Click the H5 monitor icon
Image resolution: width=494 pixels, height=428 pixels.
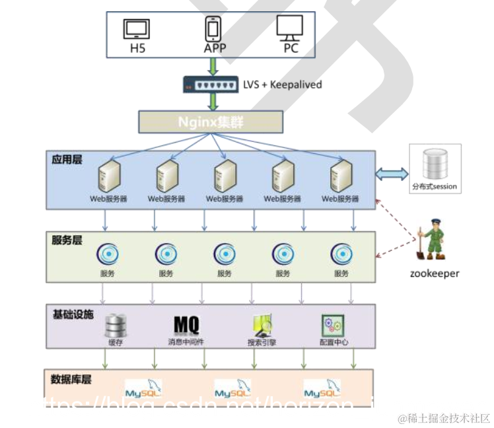137,29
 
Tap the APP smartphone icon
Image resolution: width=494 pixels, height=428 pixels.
213,28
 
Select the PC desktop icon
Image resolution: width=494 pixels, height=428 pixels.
290,28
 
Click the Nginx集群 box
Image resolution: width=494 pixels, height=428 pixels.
211,122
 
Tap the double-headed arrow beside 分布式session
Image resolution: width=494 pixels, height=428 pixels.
392,174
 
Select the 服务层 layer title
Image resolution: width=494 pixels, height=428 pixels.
67,240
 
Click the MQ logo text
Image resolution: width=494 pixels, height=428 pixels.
186,325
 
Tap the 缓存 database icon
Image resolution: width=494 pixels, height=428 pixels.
116,324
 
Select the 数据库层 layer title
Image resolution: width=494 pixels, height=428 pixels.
72,379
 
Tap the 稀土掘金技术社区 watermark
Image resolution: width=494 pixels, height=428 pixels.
443,418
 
